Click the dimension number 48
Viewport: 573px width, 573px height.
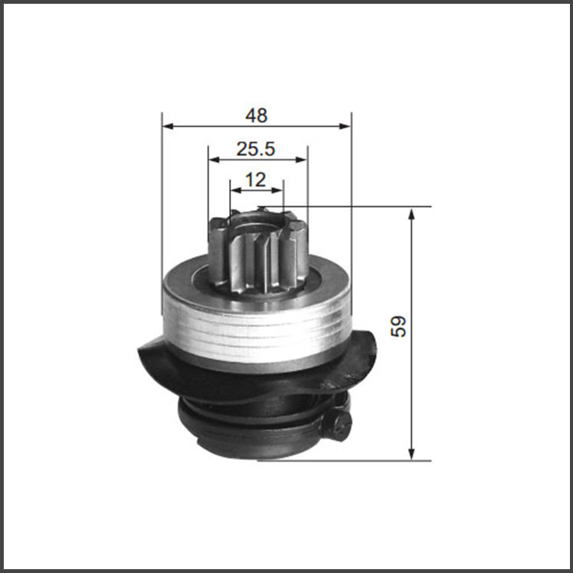click(x=256, y=115)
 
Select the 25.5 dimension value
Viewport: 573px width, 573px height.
click(x=255, y=149)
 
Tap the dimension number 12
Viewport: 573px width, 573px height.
click(x=255, y=180)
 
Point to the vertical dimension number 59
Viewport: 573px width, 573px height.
click(x=398, y=326)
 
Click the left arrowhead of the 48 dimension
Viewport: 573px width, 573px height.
click(x=167, y=126)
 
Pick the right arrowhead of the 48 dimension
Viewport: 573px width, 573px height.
click(x=345, y=126)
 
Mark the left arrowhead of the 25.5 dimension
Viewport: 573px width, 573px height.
click(x=214, y=160)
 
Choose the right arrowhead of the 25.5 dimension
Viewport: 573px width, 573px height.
click(x=302, y=160)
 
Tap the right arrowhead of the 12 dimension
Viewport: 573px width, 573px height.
click(x=278, y=190)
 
